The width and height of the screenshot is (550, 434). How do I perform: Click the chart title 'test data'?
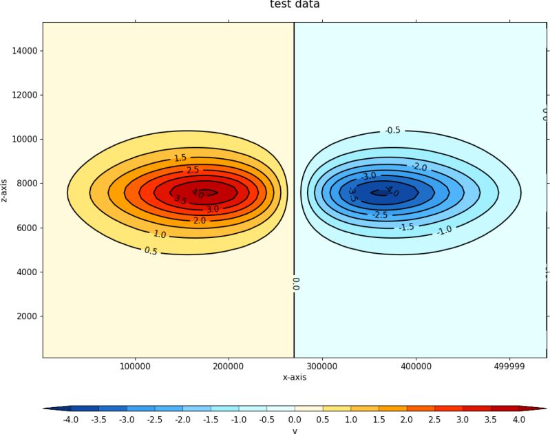(294, 5)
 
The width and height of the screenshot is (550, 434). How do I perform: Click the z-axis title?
(6, 190)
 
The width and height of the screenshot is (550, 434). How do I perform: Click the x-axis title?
(295, 377)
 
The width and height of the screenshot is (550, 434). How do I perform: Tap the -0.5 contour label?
(392, 130)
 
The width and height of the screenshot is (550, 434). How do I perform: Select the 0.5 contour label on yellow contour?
(151, 251)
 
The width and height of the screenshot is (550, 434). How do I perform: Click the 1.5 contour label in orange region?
(180, 158)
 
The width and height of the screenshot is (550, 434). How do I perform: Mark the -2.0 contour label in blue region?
(419, 167)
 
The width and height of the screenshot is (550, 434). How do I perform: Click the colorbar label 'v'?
(295, 431)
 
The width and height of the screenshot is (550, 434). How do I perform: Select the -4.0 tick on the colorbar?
(71, 419)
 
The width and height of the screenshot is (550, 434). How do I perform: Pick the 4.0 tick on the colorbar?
(518, 419)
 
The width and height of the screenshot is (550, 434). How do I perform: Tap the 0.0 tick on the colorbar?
(295, 419)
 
